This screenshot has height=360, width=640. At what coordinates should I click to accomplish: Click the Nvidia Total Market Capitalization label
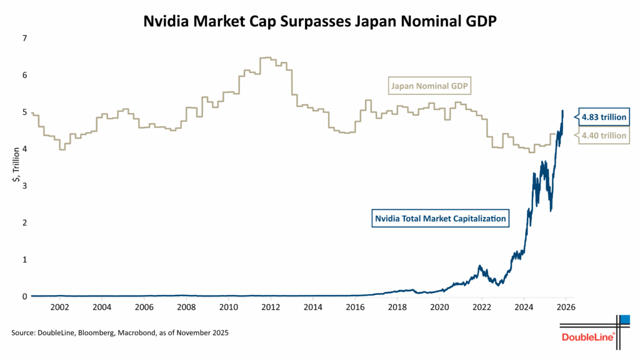tap(440, 219)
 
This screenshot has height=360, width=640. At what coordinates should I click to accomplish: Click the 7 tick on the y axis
tap(24, 38)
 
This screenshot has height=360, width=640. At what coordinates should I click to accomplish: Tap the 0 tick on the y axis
tap(24, 296)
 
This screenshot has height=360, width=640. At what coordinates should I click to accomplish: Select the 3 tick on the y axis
tap(24, 186)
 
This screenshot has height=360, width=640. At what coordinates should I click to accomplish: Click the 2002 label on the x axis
tap(60, 307)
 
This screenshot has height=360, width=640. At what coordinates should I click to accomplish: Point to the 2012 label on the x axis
tap(271, 307)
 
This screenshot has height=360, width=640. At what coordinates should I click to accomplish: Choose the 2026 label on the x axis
tap(566, 307)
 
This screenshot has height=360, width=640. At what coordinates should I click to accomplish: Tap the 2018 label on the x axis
tap(397, 307)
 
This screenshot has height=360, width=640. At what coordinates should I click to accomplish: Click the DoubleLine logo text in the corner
tap(589, 337)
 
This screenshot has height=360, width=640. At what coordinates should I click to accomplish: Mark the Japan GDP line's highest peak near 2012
tap(266, 57)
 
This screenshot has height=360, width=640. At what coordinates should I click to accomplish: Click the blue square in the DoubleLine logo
tap(624, 320)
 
